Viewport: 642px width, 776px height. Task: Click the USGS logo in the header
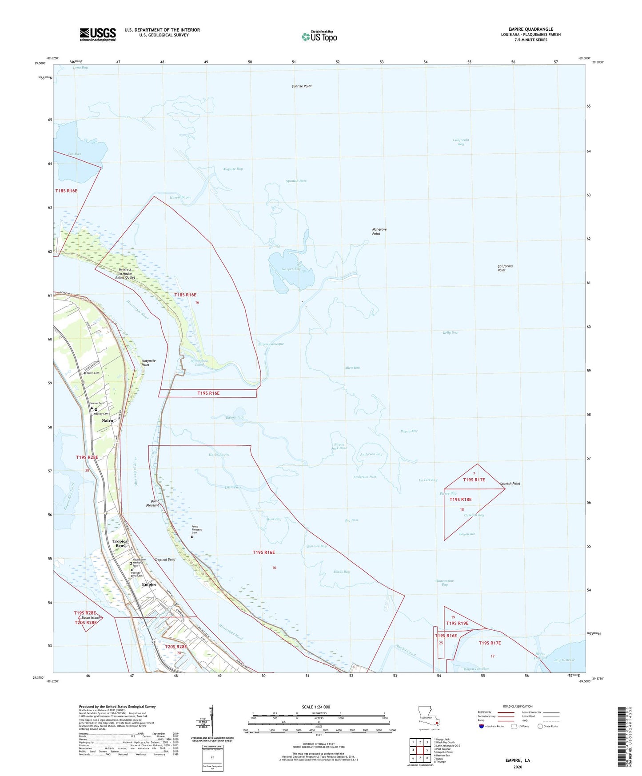98,34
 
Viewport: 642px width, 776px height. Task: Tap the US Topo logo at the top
319,36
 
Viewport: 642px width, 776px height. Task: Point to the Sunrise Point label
302,86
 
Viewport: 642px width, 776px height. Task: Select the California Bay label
461,142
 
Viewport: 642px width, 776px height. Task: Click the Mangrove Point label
379,231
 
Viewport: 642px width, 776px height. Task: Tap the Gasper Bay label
291,269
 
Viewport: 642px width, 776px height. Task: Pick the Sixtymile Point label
148,363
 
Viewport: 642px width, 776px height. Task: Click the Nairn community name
108,420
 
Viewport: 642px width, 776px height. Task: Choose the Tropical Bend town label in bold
120,543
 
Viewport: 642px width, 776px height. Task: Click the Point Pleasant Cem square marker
192,537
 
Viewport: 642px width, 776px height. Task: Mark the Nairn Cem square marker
85,373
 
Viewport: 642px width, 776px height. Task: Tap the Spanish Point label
510,484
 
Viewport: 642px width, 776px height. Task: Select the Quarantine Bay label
445,583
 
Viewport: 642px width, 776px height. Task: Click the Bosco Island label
90,618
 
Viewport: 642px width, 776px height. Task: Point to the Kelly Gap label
450,332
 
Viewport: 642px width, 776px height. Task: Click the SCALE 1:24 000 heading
315,707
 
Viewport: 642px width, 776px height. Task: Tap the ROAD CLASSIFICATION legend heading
518,706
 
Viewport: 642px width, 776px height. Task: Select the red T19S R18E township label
460,500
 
